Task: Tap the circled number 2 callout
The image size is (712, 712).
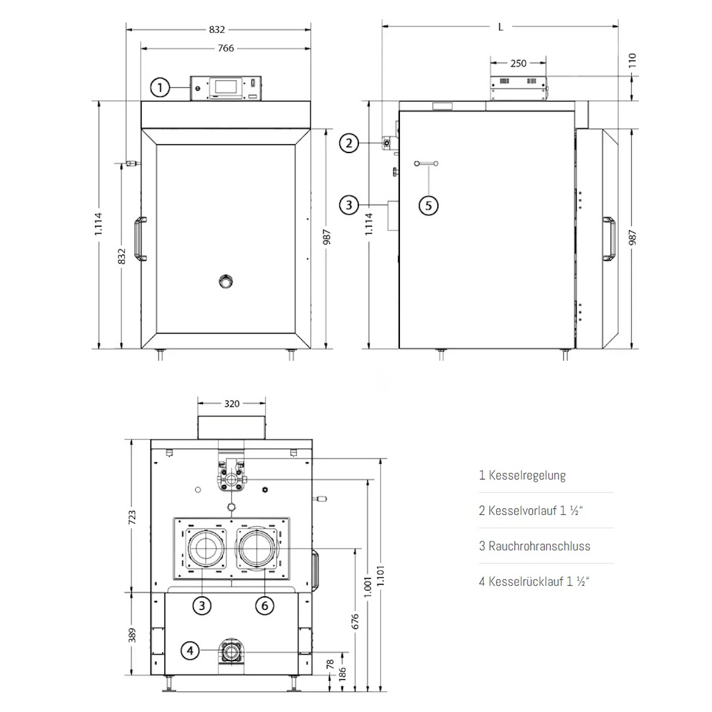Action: click(349, 143)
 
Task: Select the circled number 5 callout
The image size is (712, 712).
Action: click(428, 205)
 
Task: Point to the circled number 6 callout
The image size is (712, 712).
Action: click(265, 605)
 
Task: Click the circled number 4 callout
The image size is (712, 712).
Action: click(190, 651)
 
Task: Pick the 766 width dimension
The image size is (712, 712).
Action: click(225, 49)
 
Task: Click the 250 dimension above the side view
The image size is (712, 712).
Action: click(518, 63)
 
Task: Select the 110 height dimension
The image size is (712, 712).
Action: click(632, 61)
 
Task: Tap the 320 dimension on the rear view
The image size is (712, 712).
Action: click(231, 403)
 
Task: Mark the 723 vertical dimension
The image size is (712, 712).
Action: click(132, 517)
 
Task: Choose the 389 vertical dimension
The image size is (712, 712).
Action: click(132, 635)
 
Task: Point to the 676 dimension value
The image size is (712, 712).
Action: click(355, 621)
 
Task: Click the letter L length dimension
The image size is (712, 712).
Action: click(501, 27)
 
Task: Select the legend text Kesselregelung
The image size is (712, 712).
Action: click(522, 475)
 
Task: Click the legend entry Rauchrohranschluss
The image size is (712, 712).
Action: click(534, 546)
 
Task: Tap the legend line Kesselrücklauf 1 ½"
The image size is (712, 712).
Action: click(534, 581)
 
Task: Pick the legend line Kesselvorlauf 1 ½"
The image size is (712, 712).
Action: click(531, 510)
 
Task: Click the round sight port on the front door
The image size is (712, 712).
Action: click(225, 281)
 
